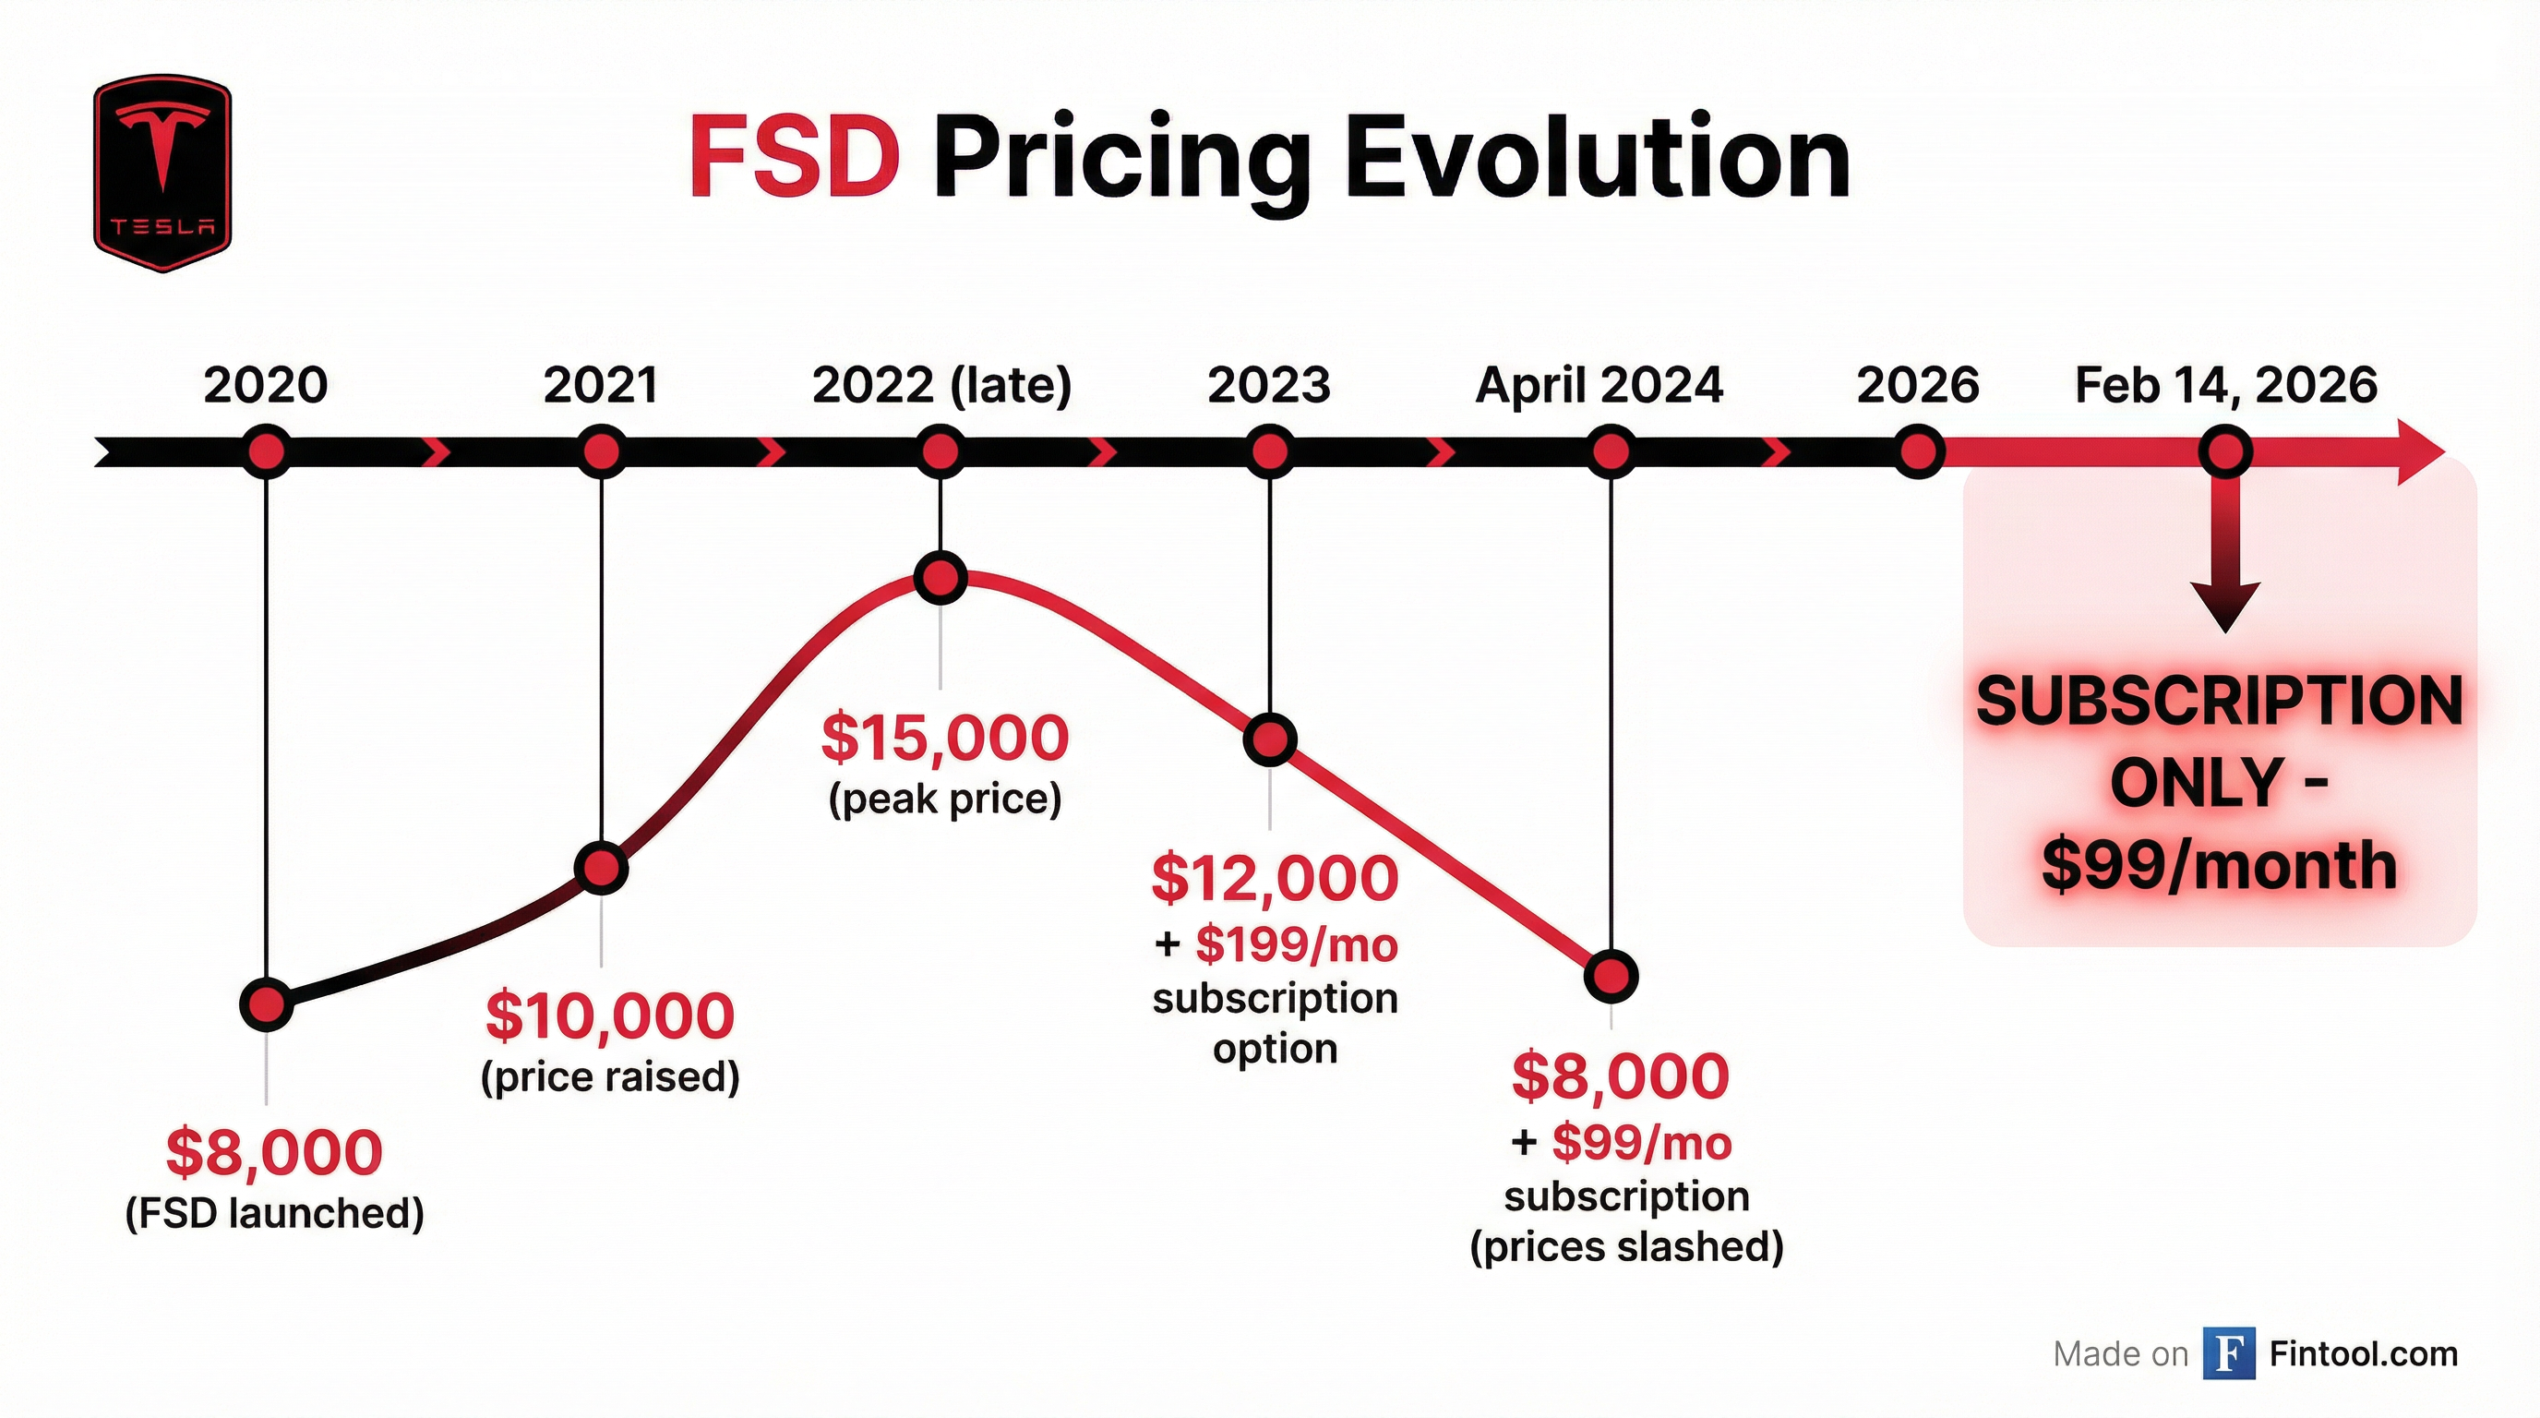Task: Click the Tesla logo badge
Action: point(162,174)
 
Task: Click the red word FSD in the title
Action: point(794,159)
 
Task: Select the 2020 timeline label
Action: point(265,385)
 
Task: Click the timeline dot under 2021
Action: point(601,452)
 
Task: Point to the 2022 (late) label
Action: point(941,385)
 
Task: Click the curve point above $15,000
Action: point(941,578)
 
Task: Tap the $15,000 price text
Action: point(944,738)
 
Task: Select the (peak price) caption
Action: point(944,799)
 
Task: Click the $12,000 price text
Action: point(1274,878)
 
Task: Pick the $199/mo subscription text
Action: point(1296,945)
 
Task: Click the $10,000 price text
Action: point(609,1015)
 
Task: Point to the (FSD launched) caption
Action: point(274,1213)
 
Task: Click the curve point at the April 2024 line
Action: point(1611,976)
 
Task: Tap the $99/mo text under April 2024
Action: point(1641,1144)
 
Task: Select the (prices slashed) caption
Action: point(1626,1246)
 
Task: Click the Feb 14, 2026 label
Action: point(2225,385)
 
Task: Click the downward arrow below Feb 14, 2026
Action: point(2224,572)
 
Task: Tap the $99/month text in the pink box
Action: point(2219,866)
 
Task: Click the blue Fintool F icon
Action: point(2228,1354)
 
